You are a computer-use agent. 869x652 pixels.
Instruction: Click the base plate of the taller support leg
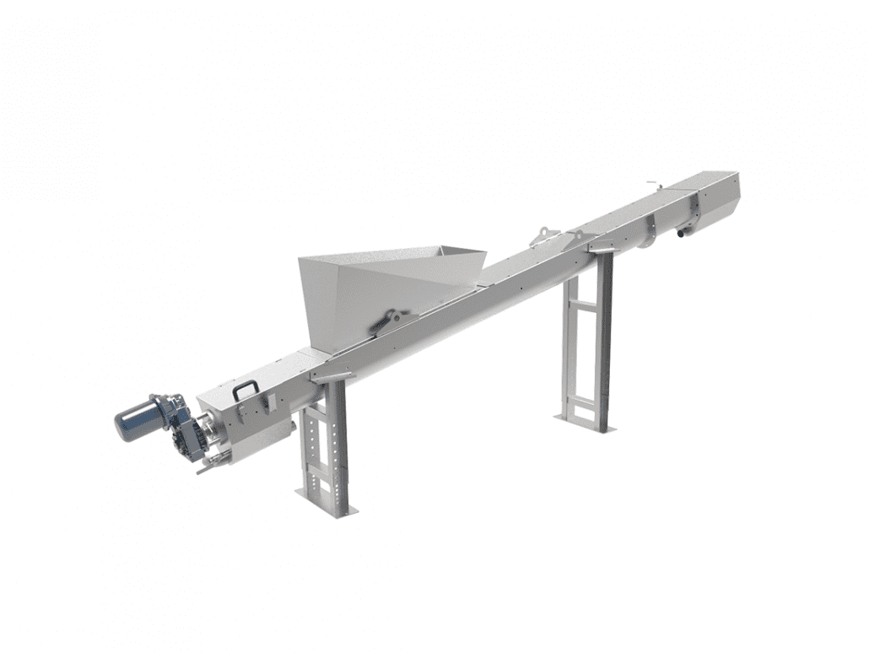point(584,423)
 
